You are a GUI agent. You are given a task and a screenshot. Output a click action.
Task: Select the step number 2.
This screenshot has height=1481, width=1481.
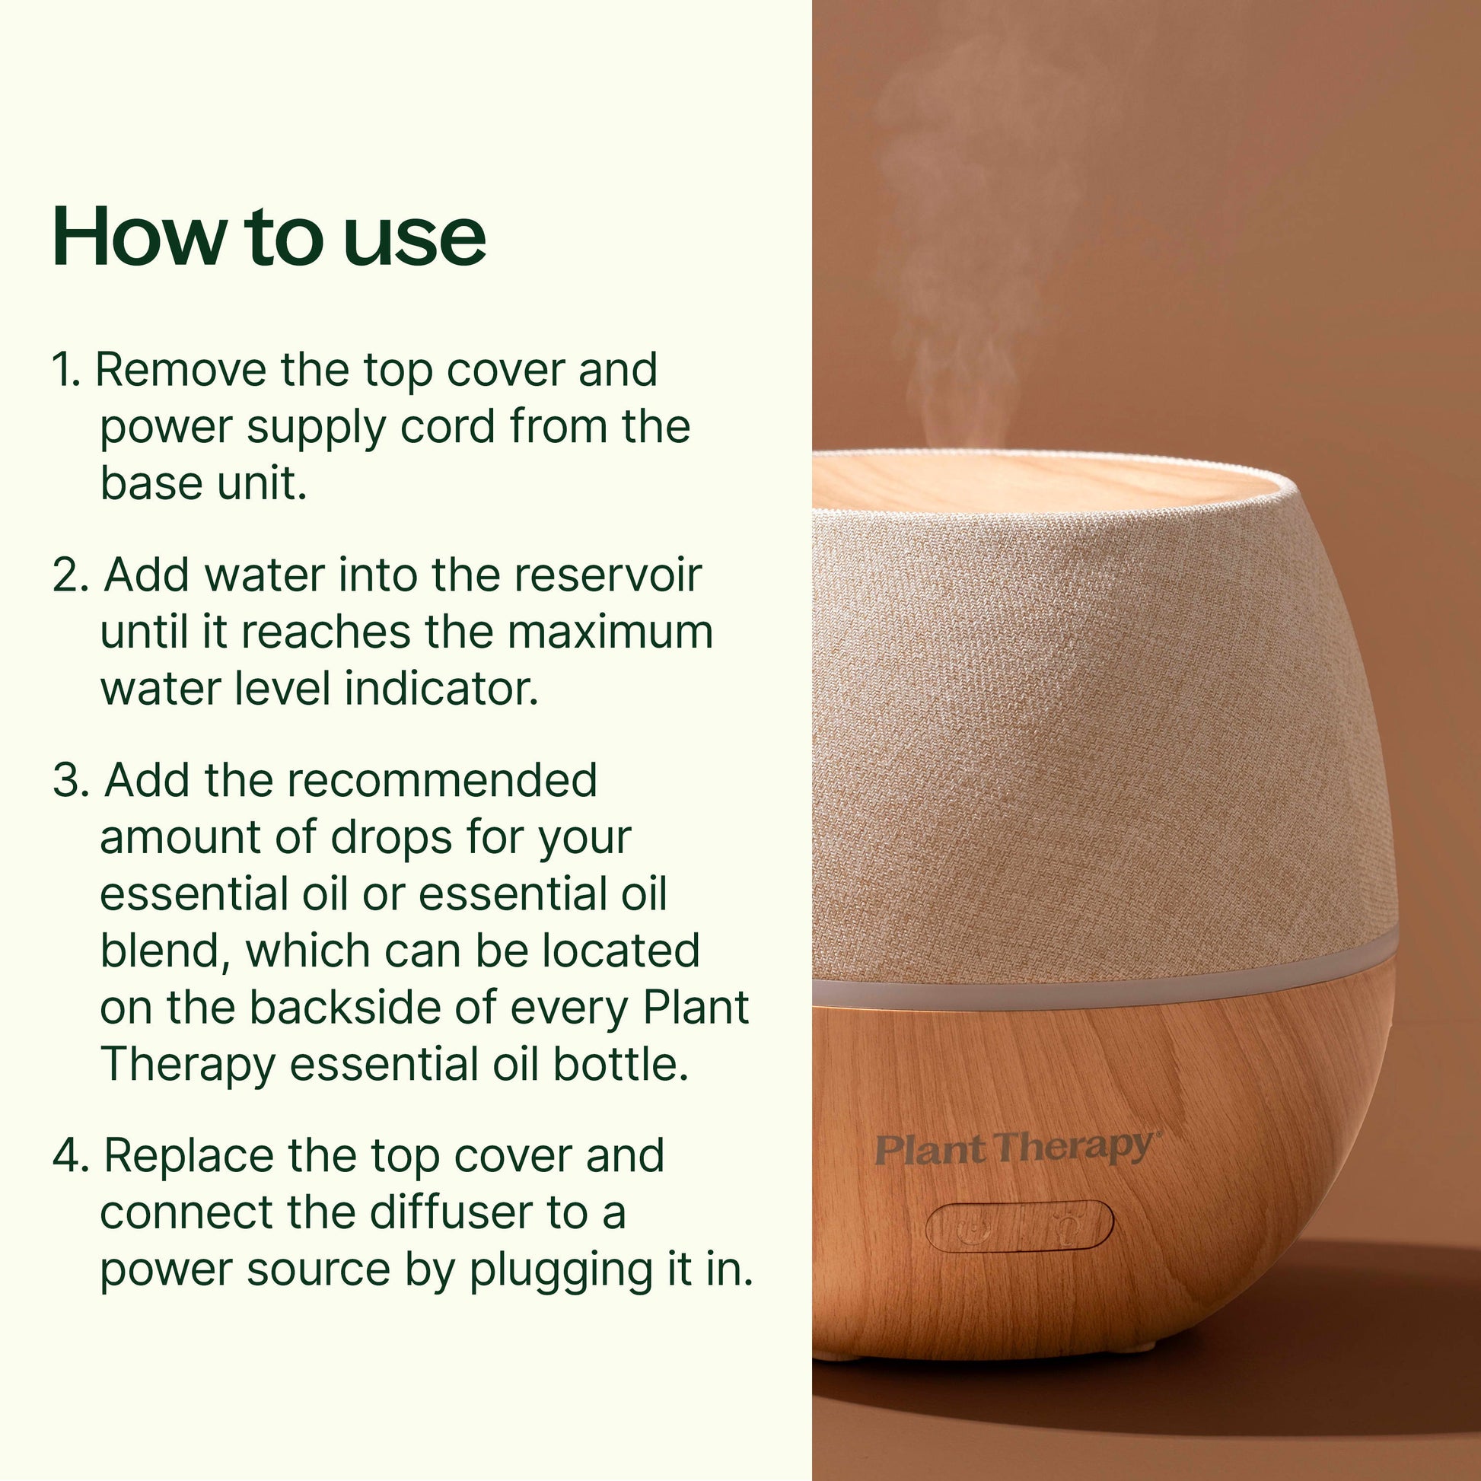coord(70,575)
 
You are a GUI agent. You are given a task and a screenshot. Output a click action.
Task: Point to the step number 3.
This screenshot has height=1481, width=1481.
coord(70,781)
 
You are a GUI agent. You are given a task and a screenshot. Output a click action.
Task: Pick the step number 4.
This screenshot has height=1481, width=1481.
coord(71,1156)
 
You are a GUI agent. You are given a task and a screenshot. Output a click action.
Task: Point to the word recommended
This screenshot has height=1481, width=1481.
coord(441,781)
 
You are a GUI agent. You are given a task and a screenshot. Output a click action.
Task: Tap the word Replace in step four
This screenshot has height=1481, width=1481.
coord(189,1156)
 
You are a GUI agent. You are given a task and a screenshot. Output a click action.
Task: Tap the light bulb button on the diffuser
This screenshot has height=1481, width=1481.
coord(1065,1226)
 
